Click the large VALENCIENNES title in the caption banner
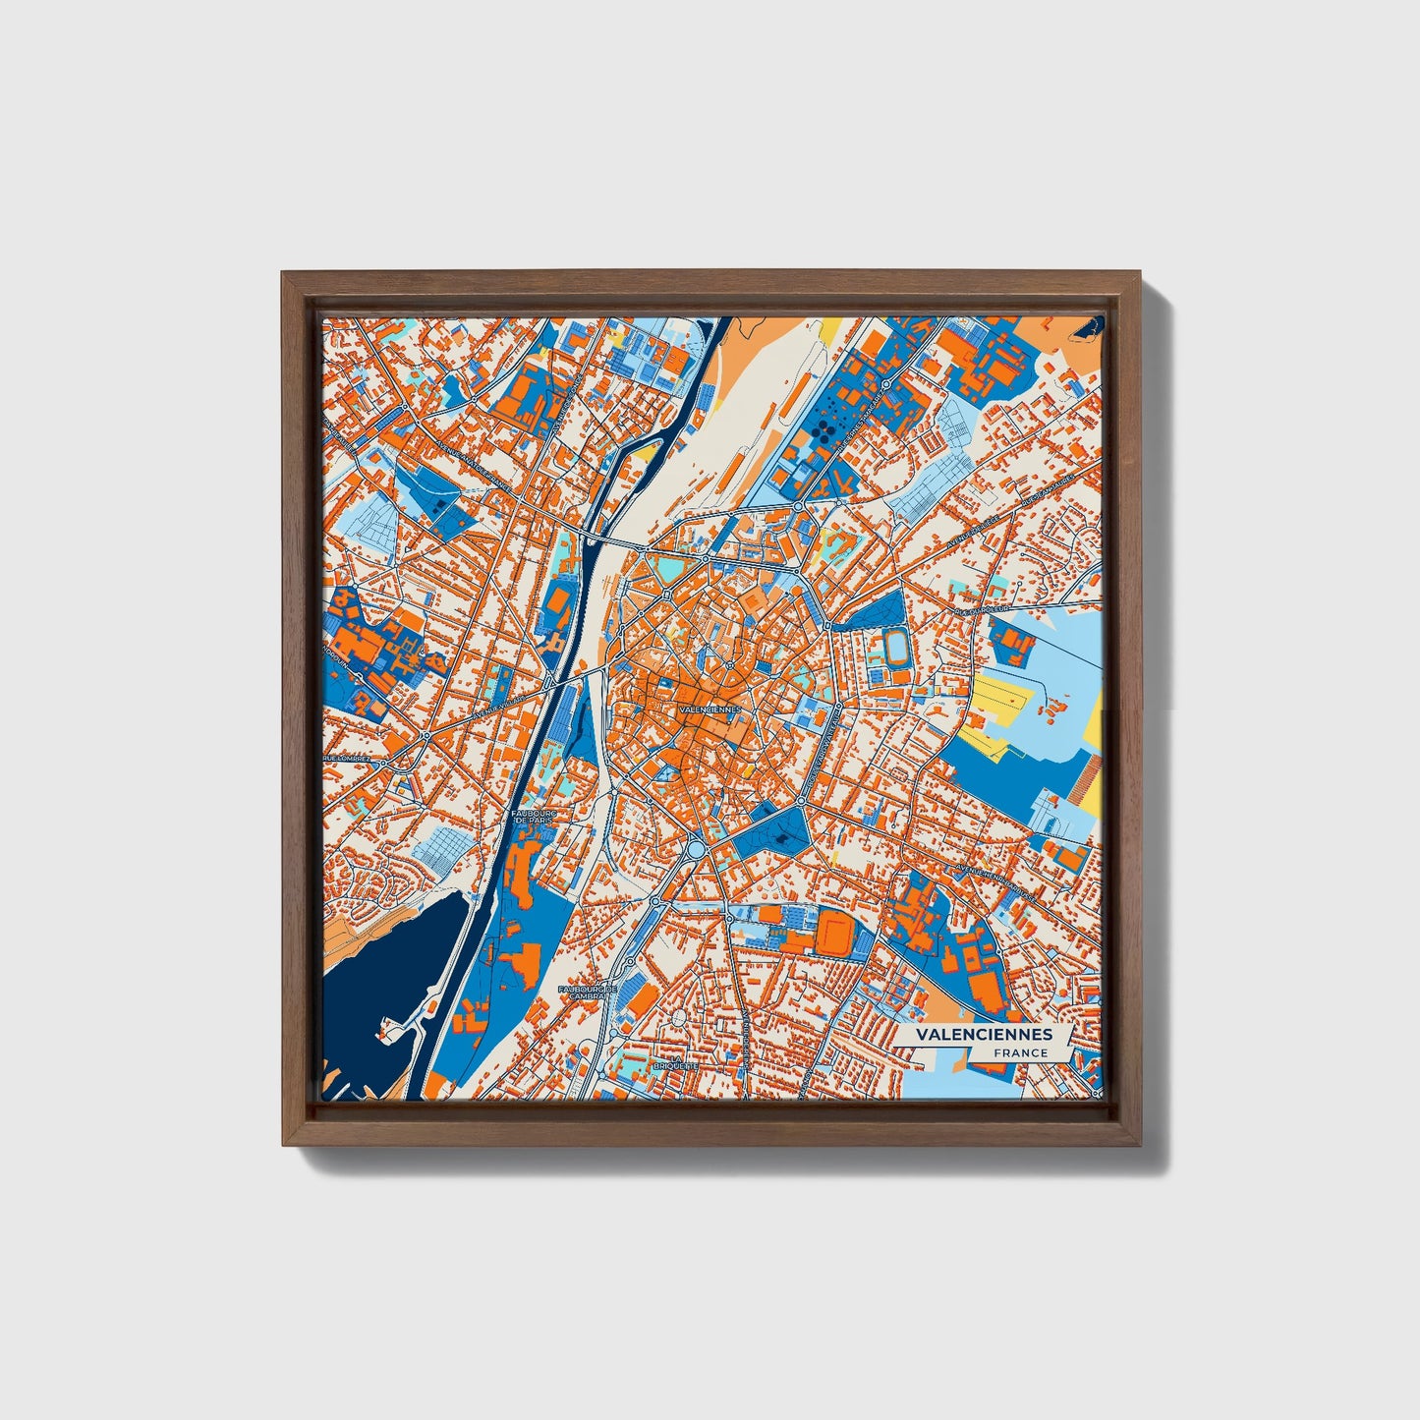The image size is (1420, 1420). tap(984, 1035)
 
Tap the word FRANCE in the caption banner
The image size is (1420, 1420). tap(1019, 1053)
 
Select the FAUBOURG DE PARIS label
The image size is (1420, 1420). tap(535, 818)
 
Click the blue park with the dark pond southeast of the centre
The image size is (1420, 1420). tap(776, 830)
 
